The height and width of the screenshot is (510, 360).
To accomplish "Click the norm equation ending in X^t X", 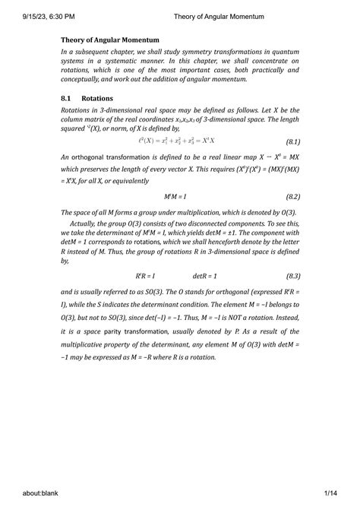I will (x=177, y=141).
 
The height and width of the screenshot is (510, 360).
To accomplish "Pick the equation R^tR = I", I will (x=143, y=275).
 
